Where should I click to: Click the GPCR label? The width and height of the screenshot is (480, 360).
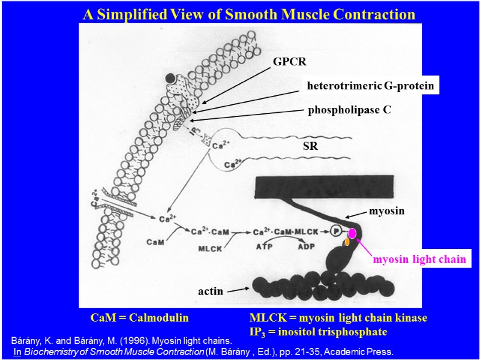(x=289, y=61)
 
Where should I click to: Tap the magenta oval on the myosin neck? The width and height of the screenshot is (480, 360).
(x=352, y=233)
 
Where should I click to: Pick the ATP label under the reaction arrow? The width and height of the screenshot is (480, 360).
(x=265, y=245)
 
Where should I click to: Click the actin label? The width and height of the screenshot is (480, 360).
(x=211, y=292)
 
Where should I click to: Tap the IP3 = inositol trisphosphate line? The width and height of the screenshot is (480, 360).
(x=318, y=331)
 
